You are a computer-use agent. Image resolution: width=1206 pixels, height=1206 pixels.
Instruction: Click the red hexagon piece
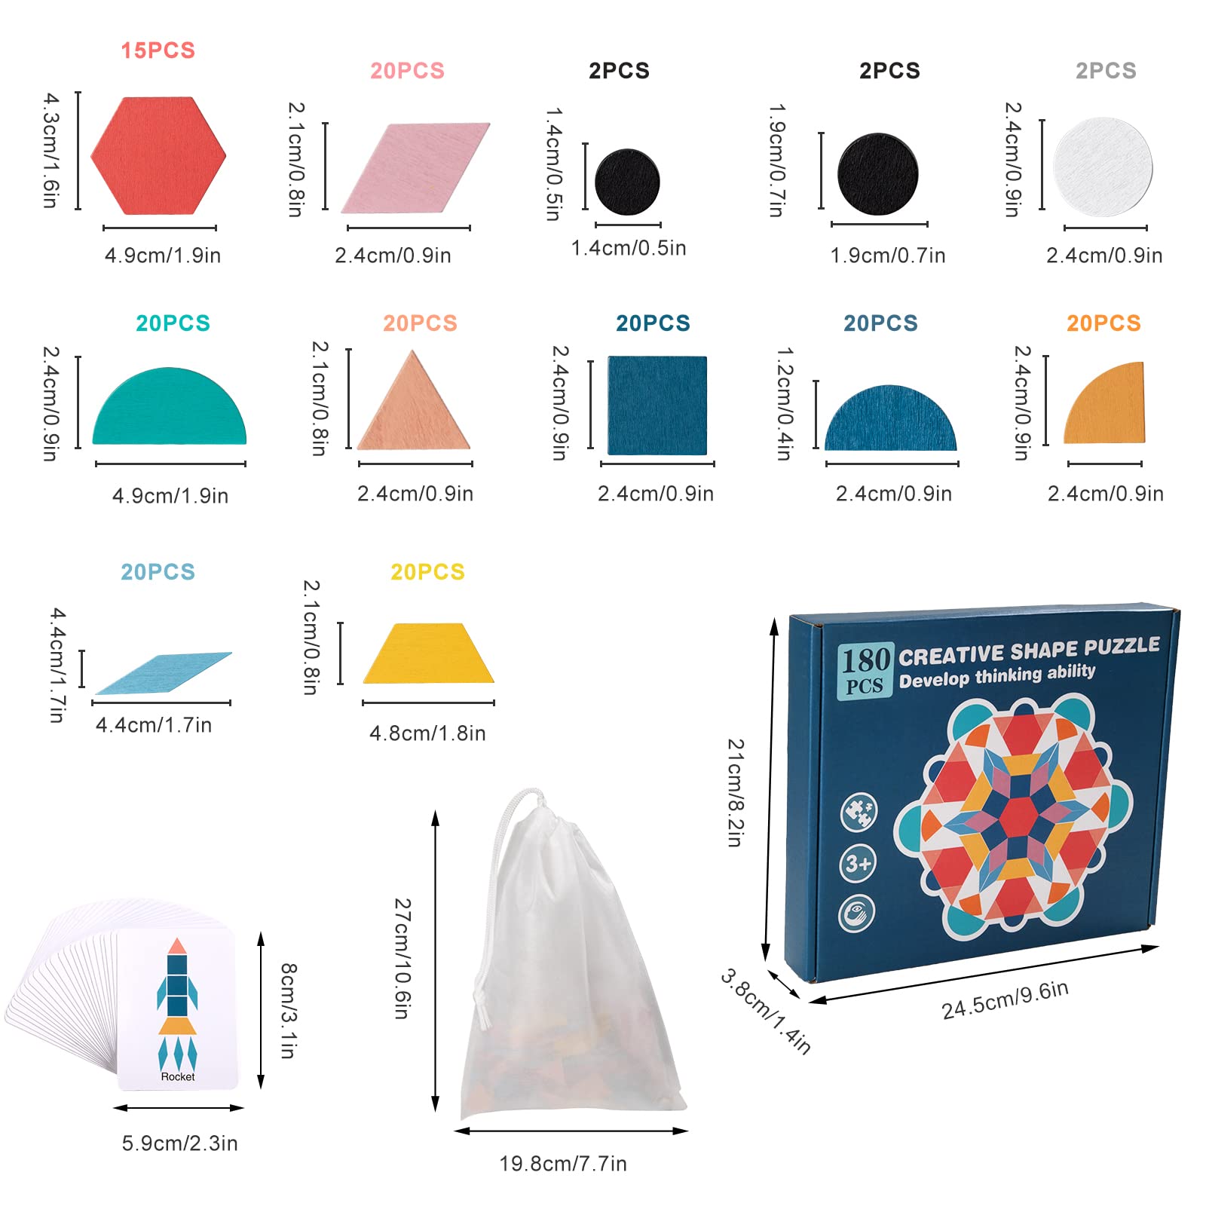coord(158,156)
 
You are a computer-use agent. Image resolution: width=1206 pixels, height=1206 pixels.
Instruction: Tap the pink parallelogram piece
coord(415,168)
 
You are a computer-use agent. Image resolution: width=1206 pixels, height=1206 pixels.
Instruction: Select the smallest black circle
coord(627,182)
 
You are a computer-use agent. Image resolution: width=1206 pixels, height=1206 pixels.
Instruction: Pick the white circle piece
coord(1103,167)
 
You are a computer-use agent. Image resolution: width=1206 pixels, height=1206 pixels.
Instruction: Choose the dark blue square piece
coord(657,406)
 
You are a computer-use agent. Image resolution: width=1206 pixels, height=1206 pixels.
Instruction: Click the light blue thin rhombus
coord(164,672)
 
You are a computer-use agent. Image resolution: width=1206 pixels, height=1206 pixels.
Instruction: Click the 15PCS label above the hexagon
coord(158,51)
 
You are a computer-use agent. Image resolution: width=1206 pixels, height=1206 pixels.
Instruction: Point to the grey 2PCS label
coord(1106,71)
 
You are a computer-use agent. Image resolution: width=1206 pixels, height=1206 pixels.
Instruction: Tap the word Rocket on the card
coord(178,1076)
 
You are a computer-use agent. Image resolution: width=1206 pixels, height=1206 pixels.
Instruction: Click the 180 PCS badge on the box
coord(865,669)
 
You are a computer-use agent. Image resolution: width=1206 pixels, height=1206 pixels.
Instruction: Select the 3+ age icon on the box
coord(858,863)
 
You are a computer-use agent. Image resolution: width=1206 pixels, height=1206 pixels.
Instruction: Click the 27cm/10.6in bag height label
coord(403,958)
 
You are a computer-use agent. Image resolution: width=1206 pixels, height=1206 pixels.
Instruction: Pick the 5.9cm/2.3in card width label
coord(179,1143)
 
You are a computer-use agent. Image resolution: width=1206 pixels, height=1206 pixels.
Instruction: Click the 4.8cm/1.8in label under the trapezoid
coord(427,733)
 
